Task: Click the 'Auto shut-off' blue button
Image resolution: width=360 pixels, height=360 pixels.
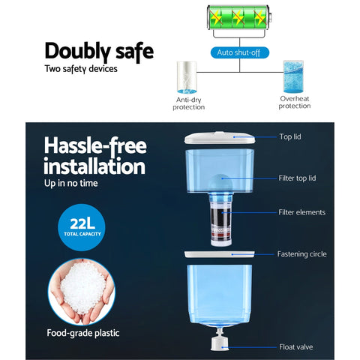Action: [240, 52]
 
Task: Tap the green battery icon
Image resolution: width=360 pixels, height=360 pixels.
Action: [239, 17]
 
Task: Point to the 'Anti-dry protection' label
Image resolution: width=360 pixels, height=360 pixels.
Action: [189, 103]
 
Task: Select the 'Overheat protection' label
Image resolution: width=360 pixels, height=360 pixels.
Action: [295, 102]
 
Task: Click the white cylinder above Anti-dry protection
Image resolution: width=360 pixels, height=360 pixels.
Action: [187, 77]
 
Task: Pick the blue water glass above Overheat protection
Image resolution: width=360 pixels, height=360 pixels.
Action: [293, 76]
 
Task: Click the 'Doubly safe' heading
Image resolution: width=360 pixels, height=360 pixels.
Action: [99, 52]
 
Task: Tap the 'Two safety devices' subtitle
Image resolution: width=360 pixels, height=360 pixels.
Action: [81, 69]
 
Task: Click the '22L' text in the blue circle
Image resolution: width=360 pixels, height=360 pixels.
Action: [82, 223]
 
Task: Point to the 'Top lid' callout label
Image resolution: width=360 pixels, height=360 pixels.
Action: [290, 136]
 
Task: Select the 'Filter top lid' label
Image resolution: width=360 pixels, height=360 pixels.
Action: [297, 178]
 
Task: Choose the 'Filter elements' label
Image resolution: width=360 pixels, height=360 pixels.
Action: [302, 212]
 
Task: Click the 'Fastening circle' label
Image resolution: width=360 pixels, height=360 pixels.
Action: [302, 254]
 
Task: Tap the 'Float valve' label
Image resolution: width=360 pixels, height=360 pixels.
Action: [296, 347]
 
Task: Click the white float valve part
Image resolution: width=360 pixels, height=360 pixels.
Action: [220, 340]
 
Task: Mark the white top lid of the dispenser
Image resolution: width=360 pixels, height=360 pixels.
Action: [220, 137]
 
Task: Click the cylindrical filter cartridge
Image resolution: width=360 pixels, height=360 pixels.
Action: [221, 220]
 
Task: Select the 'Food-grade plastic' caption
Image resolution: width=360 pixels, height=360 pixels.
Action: [83, 333]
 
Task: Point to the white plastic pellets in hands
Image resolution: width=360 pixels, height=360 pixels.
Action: [83, 288]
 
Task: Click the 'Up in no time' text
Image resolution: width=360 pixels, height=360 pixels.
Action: [71, 183]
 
